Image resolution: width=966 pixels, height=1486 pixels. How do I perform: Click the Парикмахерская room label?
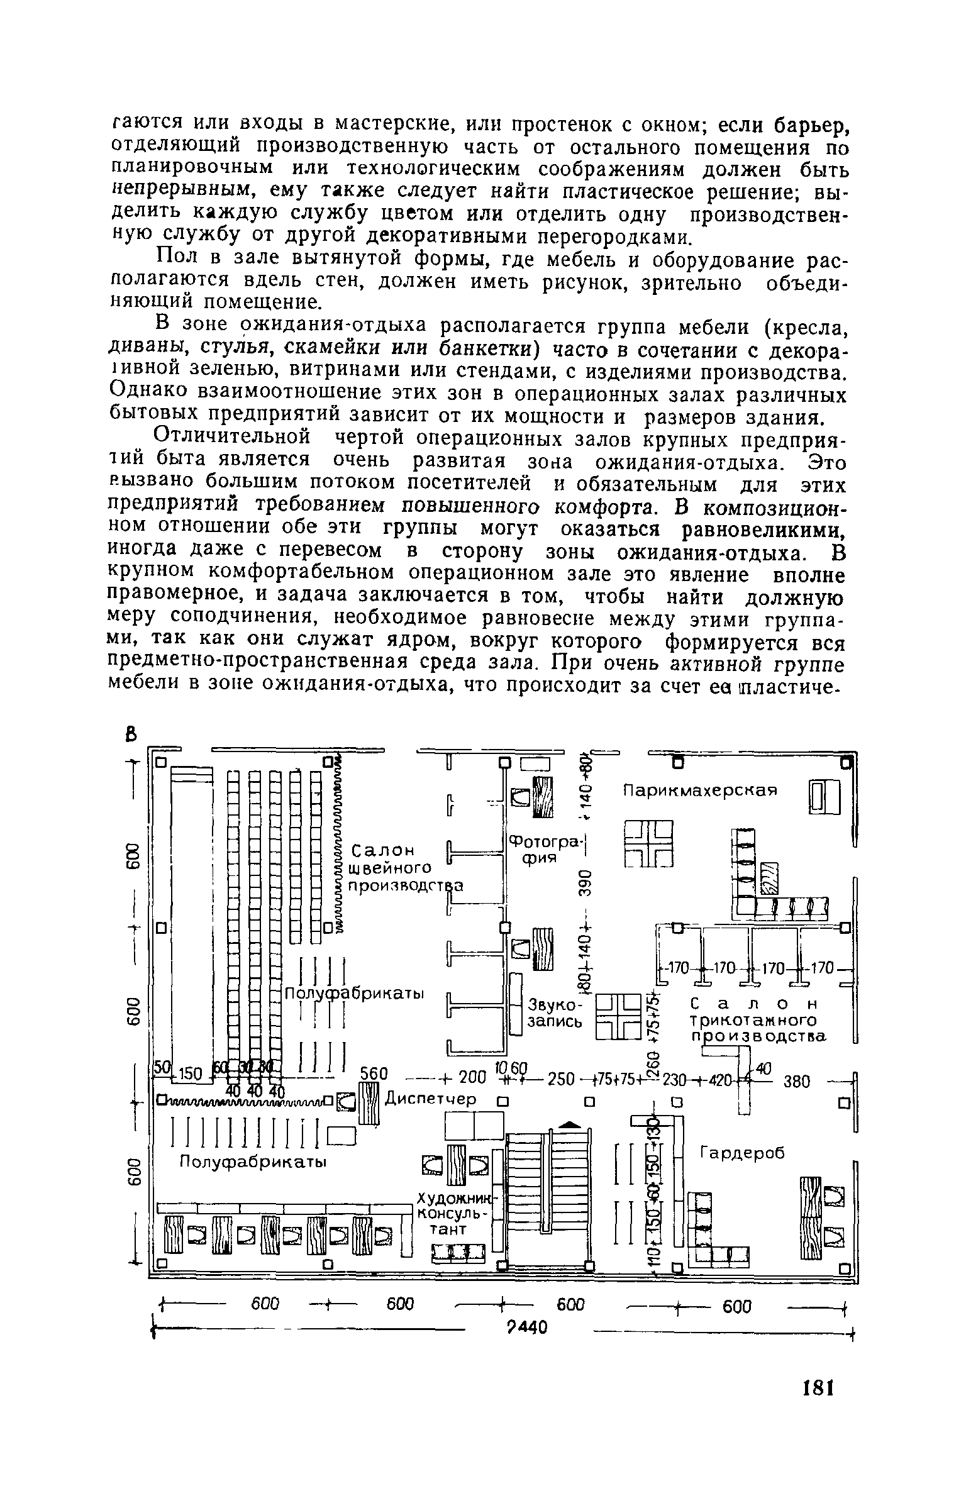point(700,790)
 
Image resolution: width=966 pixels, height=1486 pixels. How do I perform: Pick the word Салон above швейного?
point(384,851)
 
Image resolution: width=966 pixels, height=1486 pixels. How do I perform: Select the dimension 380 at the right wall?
point(795,1081)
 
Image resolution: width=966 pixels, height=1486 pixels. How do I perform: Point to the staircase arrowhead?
point(569,1121)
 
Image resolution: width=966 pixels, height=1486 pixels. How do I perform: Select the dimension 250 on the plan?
point(558,1079)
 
